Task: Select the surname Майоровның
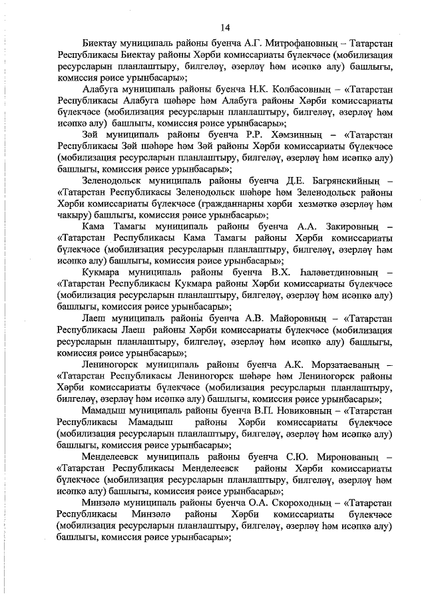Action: [x=297, y=317]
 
